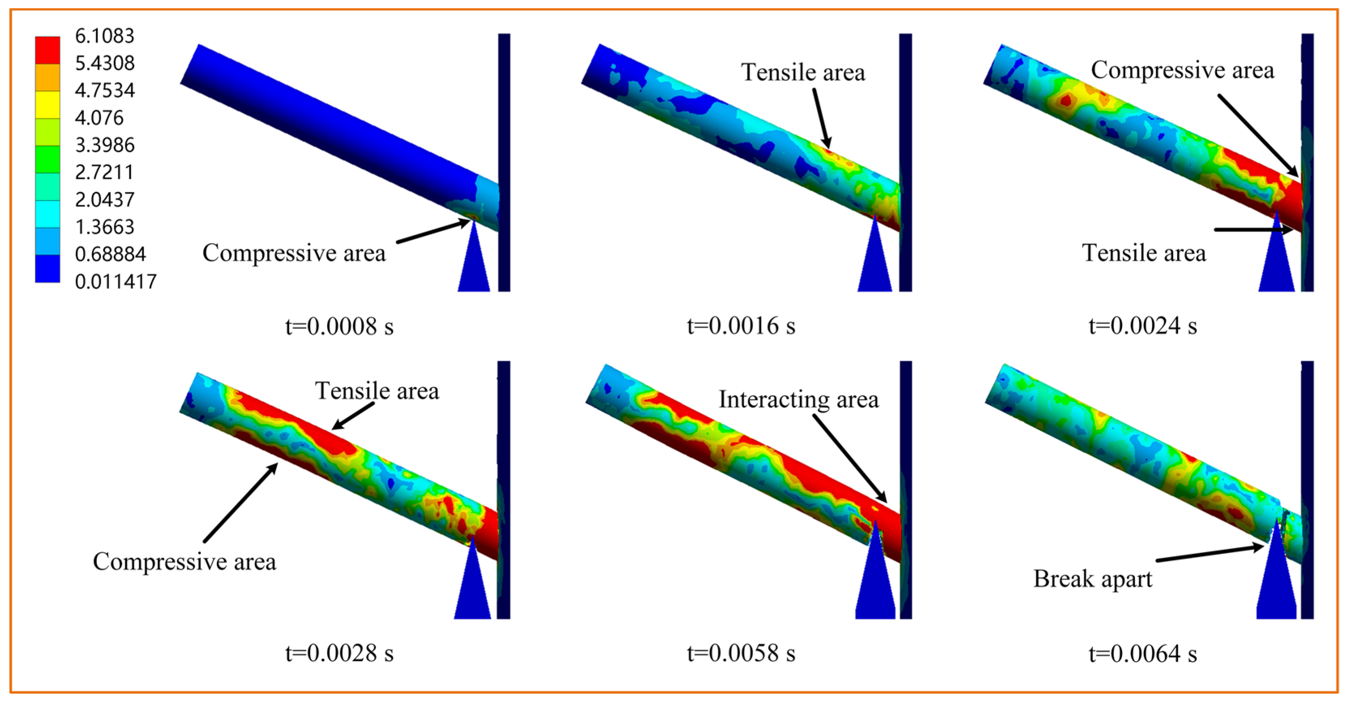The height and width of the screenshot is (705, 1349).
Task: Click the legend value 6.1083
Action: point(105,36)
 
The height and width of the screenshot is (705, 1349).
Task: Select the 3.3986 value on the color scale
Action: point(105,144)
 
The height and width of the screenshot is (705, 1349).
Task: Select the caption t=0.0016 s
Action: point(741,326)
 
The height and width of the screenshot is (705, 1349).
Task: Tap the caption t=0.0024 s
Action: point(1143,326)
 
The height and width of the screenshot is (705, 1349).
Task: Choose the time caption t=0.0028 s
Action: point(339,653)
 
